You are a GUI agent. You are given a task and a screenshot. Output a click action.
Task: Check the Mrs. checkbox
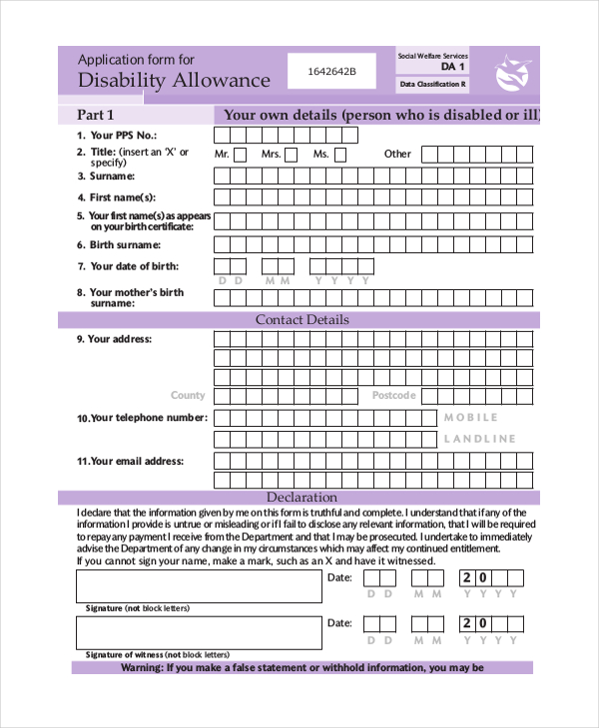tap(291, 155)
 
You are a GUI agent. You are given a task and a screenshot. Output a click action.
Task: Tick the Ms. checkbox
tap(340, 155)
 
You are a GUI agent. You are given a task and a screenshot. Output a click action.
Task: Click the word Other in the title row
tap(397, 154)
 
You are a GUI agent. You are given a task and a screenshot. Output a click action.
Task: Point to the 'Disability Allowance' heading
tap(174, 81)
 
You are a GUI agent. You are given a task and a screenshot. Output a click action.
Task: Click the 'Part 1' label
tap(97, 114)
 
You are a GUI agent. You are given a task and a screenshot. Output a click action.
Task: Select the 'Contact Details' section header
tap(302, 320)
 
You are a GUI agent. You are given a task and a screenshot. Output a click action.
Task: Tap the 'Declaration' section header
tap(301, 497)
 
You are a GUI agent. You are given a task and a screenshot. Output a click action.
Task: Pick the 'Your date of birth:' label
tap(136, 266)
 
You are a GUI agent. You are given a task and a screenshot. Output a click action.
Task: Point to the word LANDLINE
tap(480, 439)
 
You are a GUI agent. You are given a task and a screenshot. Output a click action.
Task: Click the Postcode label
tap(393, 396)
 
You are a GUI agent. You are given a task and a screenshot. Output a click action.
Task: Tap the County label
tap(188, 396)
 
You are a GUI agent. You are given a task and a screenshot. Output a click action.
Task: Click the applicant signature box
tap(200, 585)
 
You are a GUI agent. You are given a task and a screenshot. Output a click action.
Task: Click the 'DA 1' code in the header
tap(453, 67)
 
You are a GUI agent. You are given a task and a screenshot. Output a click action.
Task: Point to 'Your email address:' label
tap(137, 462)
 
